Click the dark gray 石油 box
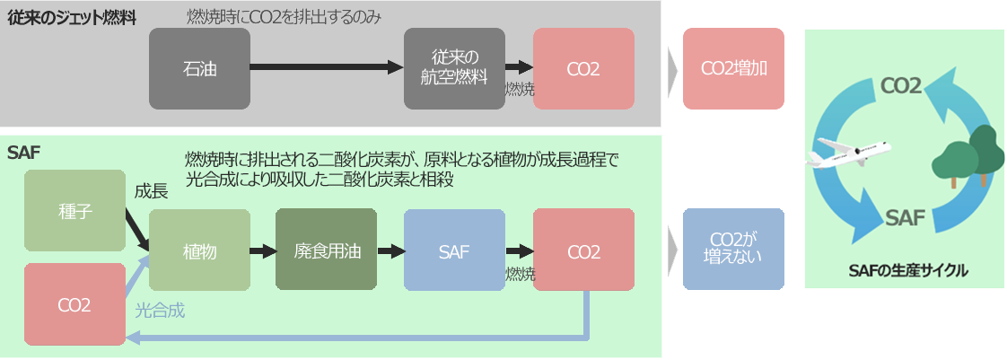pos(199,68)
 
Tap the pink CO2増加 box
pos(733,68)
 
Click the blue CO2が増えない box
pos(733,250)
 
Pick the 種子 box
pos(74,210)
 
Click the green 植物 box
pos(199,250)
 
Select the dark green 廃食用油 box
pos(326,250)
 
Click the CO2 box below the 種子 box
pos(74,304)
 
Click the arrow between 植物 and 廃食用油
pos(262,251)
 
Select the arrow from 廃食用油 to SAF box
pos(390,251)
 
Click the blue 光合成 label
pos(160,311)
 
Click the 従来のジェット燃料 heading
pos(72,17)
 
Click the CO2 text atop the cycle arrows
pos(900,85)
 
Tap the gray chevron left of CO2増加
pos(672,69)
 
